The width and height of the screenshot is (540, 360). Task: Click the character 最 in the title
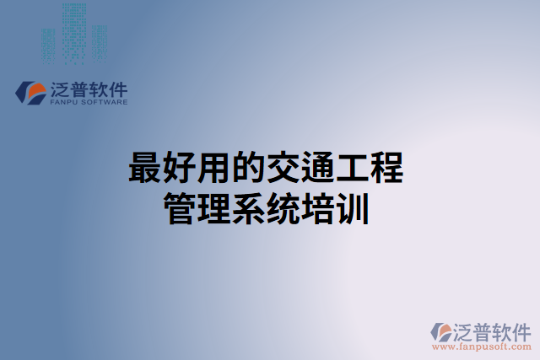tap(145, 169)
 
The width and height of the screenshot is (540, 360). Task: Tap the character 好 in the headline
tap(180, 169)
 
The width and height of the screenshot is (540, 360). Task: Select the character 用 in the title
tap(214, 169)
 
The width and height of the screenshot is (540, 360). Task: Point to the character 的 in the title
tap(249, 169)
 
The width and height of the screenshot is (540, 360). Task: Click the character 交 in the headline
tap(283, 169)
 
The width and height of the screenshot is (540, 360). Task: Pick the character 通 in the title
tap(318, 169)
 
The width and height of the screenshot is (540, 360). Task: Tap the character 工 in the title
tap(353, 169)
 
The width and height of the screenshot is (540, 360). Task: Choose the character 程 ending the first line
tap(387, 169)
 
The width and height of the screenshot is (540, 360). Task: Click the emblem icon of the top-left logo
tap(33, 92)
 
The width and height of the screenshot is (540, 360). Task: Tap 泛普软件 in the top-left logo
tap(89, 89)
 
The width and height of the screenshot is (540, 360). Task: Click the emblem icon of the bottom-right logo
tap(441, 331)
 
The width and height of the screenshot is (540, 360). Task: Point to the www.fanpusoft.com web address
tap(481, 346)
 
